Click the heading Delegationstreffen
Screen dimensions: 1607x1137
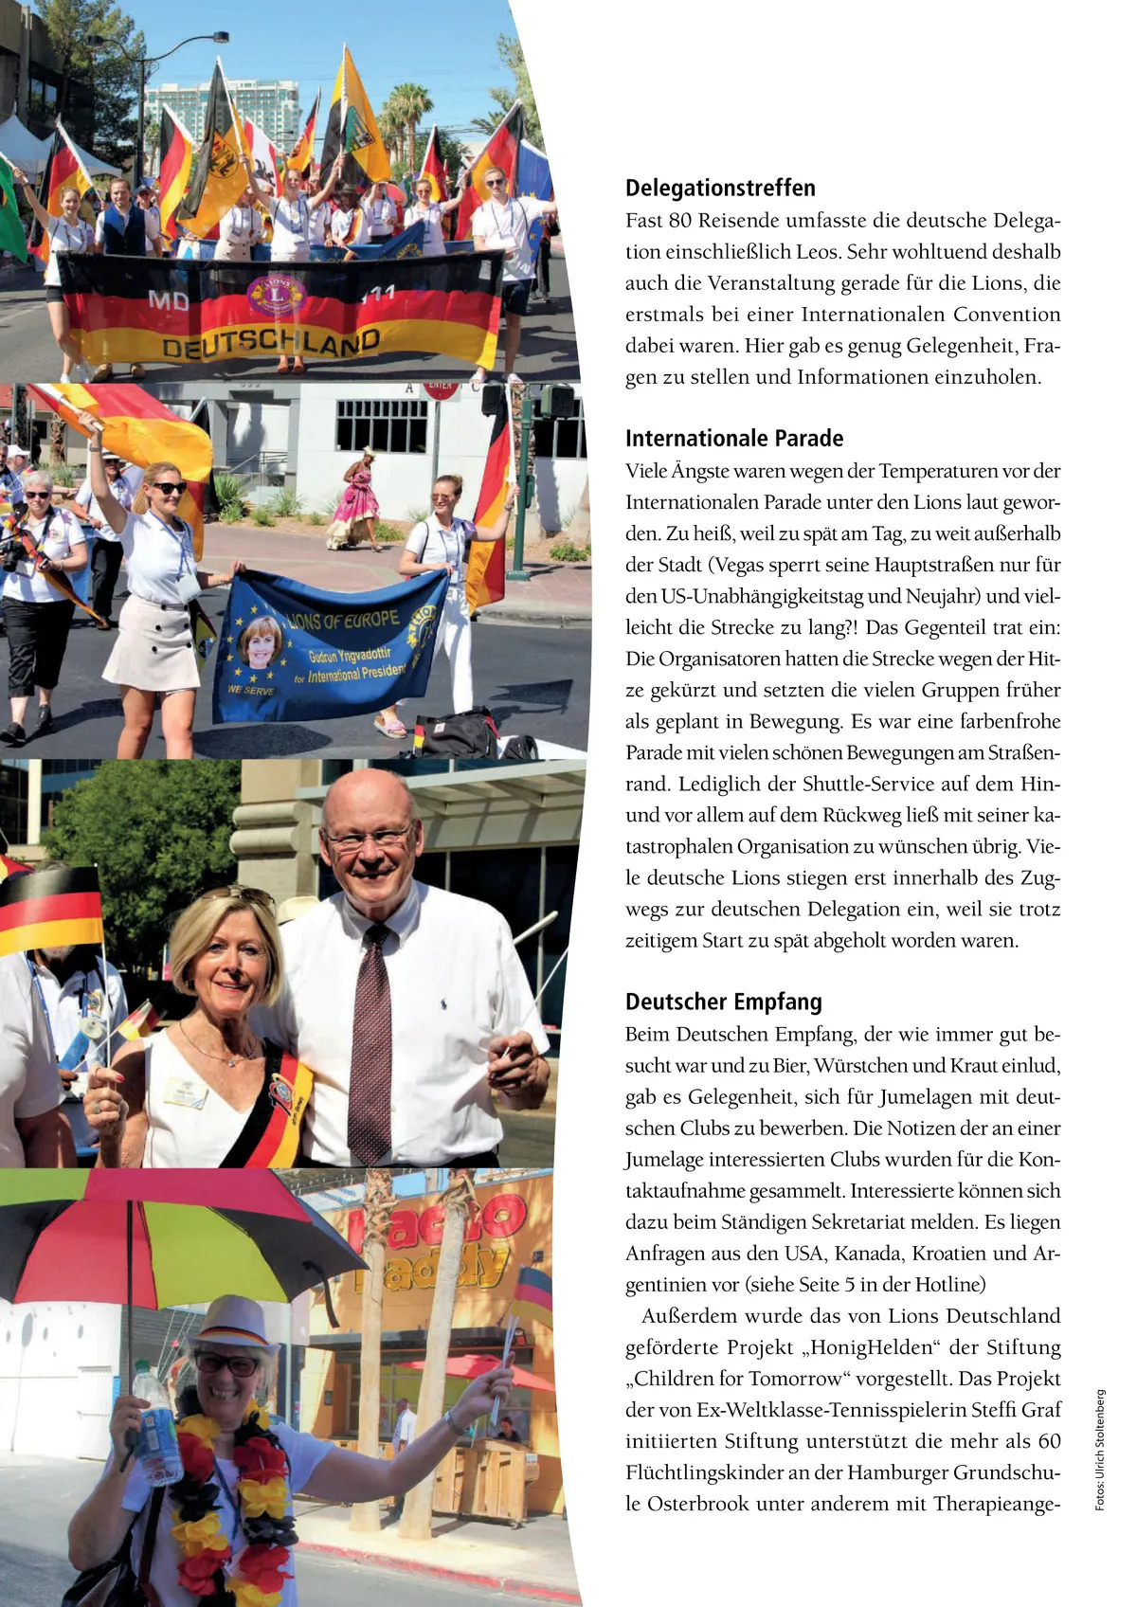(720, 188)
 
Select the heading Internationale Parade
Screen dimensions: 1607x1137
(733, 438)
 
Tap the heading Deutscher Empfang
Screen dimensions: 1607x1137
(723, 1002)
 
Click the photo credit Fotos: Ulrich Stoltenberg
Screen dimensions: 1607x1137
(1100, 1450)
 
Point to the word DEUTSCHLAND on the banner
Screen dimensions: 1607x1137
(271, 343)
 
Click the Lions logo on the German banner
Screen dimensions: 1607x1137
(276, 295)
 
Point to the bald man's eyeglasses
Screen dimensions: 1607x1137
(370, 838)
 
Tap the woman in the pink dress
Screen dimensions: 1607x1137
(352, 500)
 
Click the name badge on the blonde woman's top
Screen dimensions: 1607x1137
(185, 1092)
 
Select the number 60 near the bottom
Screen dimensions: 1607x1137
(1048, 1441)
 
